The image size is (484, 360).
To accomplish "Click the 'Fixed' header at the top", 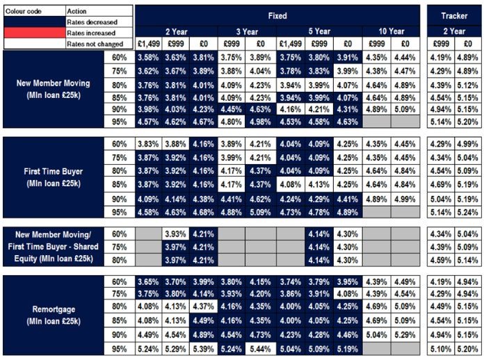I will pos(277,15).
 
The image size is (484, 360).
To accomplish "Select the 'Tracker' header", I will pos(454,15).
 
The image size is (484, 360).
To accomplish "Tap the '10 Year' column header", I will pos(391,31).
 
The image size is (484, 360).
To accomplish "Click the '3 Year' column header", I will pos(247,31).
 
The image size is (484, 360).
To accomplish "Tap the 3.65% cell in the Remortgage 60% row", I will pos(148,281).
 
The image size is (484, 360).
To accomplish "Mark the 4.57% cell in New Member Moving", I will pos(148,122).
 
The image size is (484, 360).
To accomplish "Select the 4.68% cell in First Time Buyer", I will pos(204,212).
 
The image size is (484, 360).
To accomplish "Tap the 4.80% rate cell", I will pos(232,122).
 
